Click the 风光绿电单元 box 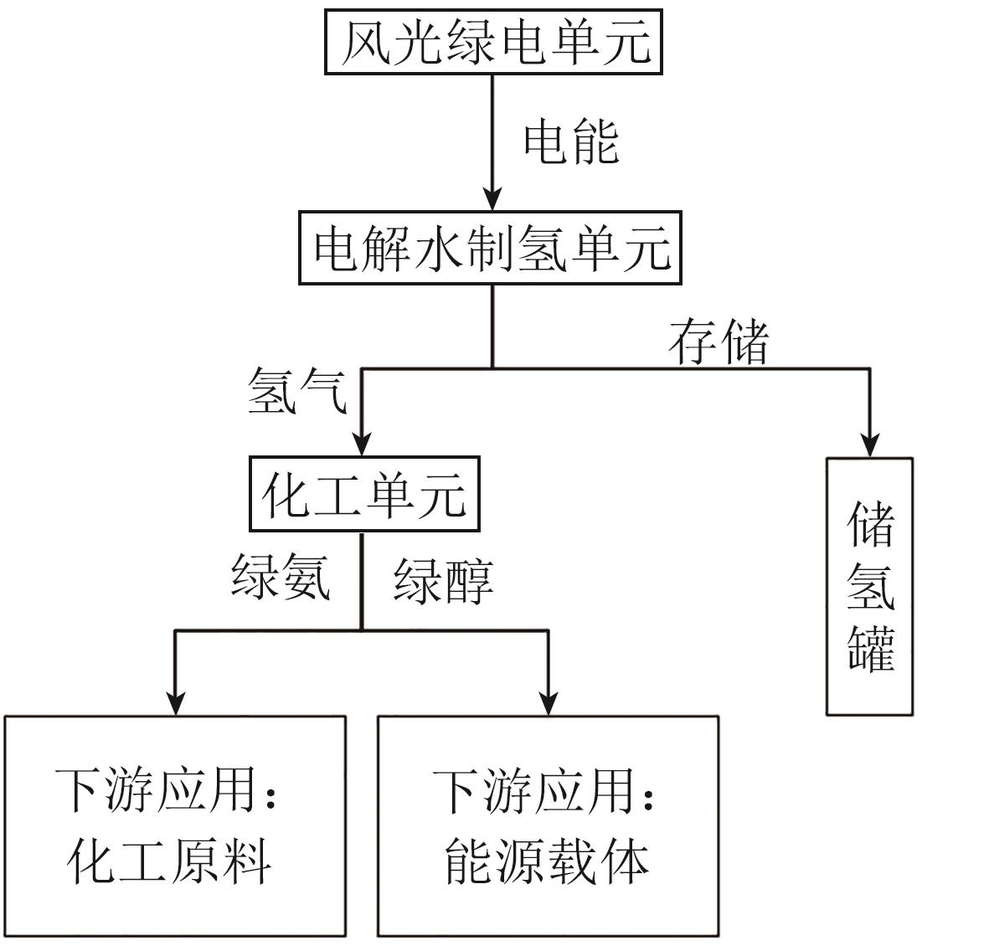[493, 42]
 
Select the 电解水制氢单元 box [491, 248]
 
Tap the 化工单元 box [364, 494]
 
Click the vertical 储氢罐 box [869, 586]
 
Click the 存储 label [719, 341]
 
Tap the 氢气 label [297, 391]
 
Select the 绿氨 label [281, 577]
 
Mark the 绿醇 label [444, 580]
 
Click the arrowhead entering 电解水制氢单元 [492, 200]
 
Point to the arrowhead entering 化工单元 [361, 444]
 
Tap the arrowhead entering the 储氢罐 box [870, 445]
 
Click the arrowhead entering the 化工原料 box [175, 703]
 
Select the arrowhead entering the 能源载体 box [549, 703]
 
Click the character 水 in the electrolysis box [440, 249]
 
